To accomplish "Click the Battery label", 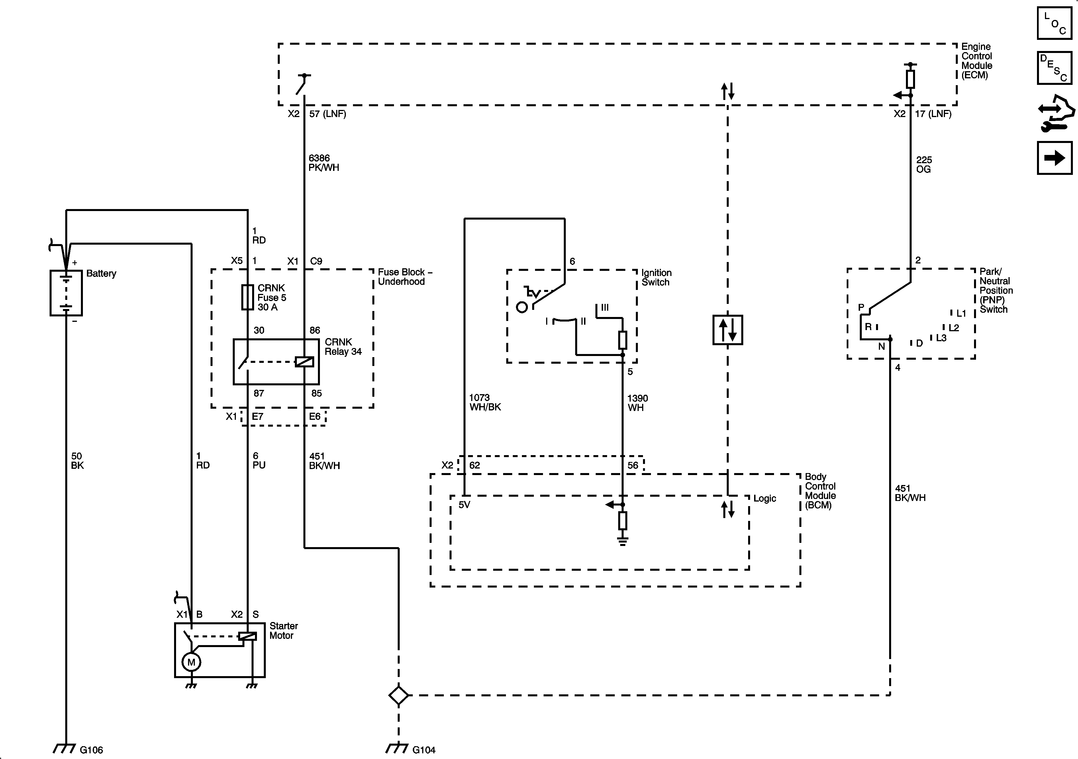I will coord(101,274).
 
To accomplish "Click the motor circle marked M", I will coord(191,662).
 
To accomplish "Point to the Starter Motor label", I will coord(283,631).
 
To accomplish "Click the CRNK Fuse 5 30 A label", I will coord(271,298).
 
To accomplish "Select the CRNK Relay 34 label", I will coord(343,347).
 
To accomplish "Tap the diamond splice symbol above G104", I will coord(399,695).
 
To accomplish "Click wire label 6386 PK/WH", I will coord(324,163).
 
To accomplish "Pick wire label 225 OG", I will coord(924,165).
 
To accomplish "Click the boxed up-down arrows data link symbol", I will coord(727,330).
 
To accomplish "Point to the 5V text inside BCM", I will coord(464,505).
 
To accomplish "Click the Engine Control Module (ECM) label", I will coord(977,61).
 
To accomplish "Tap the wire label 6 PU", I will coord(259,461).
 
